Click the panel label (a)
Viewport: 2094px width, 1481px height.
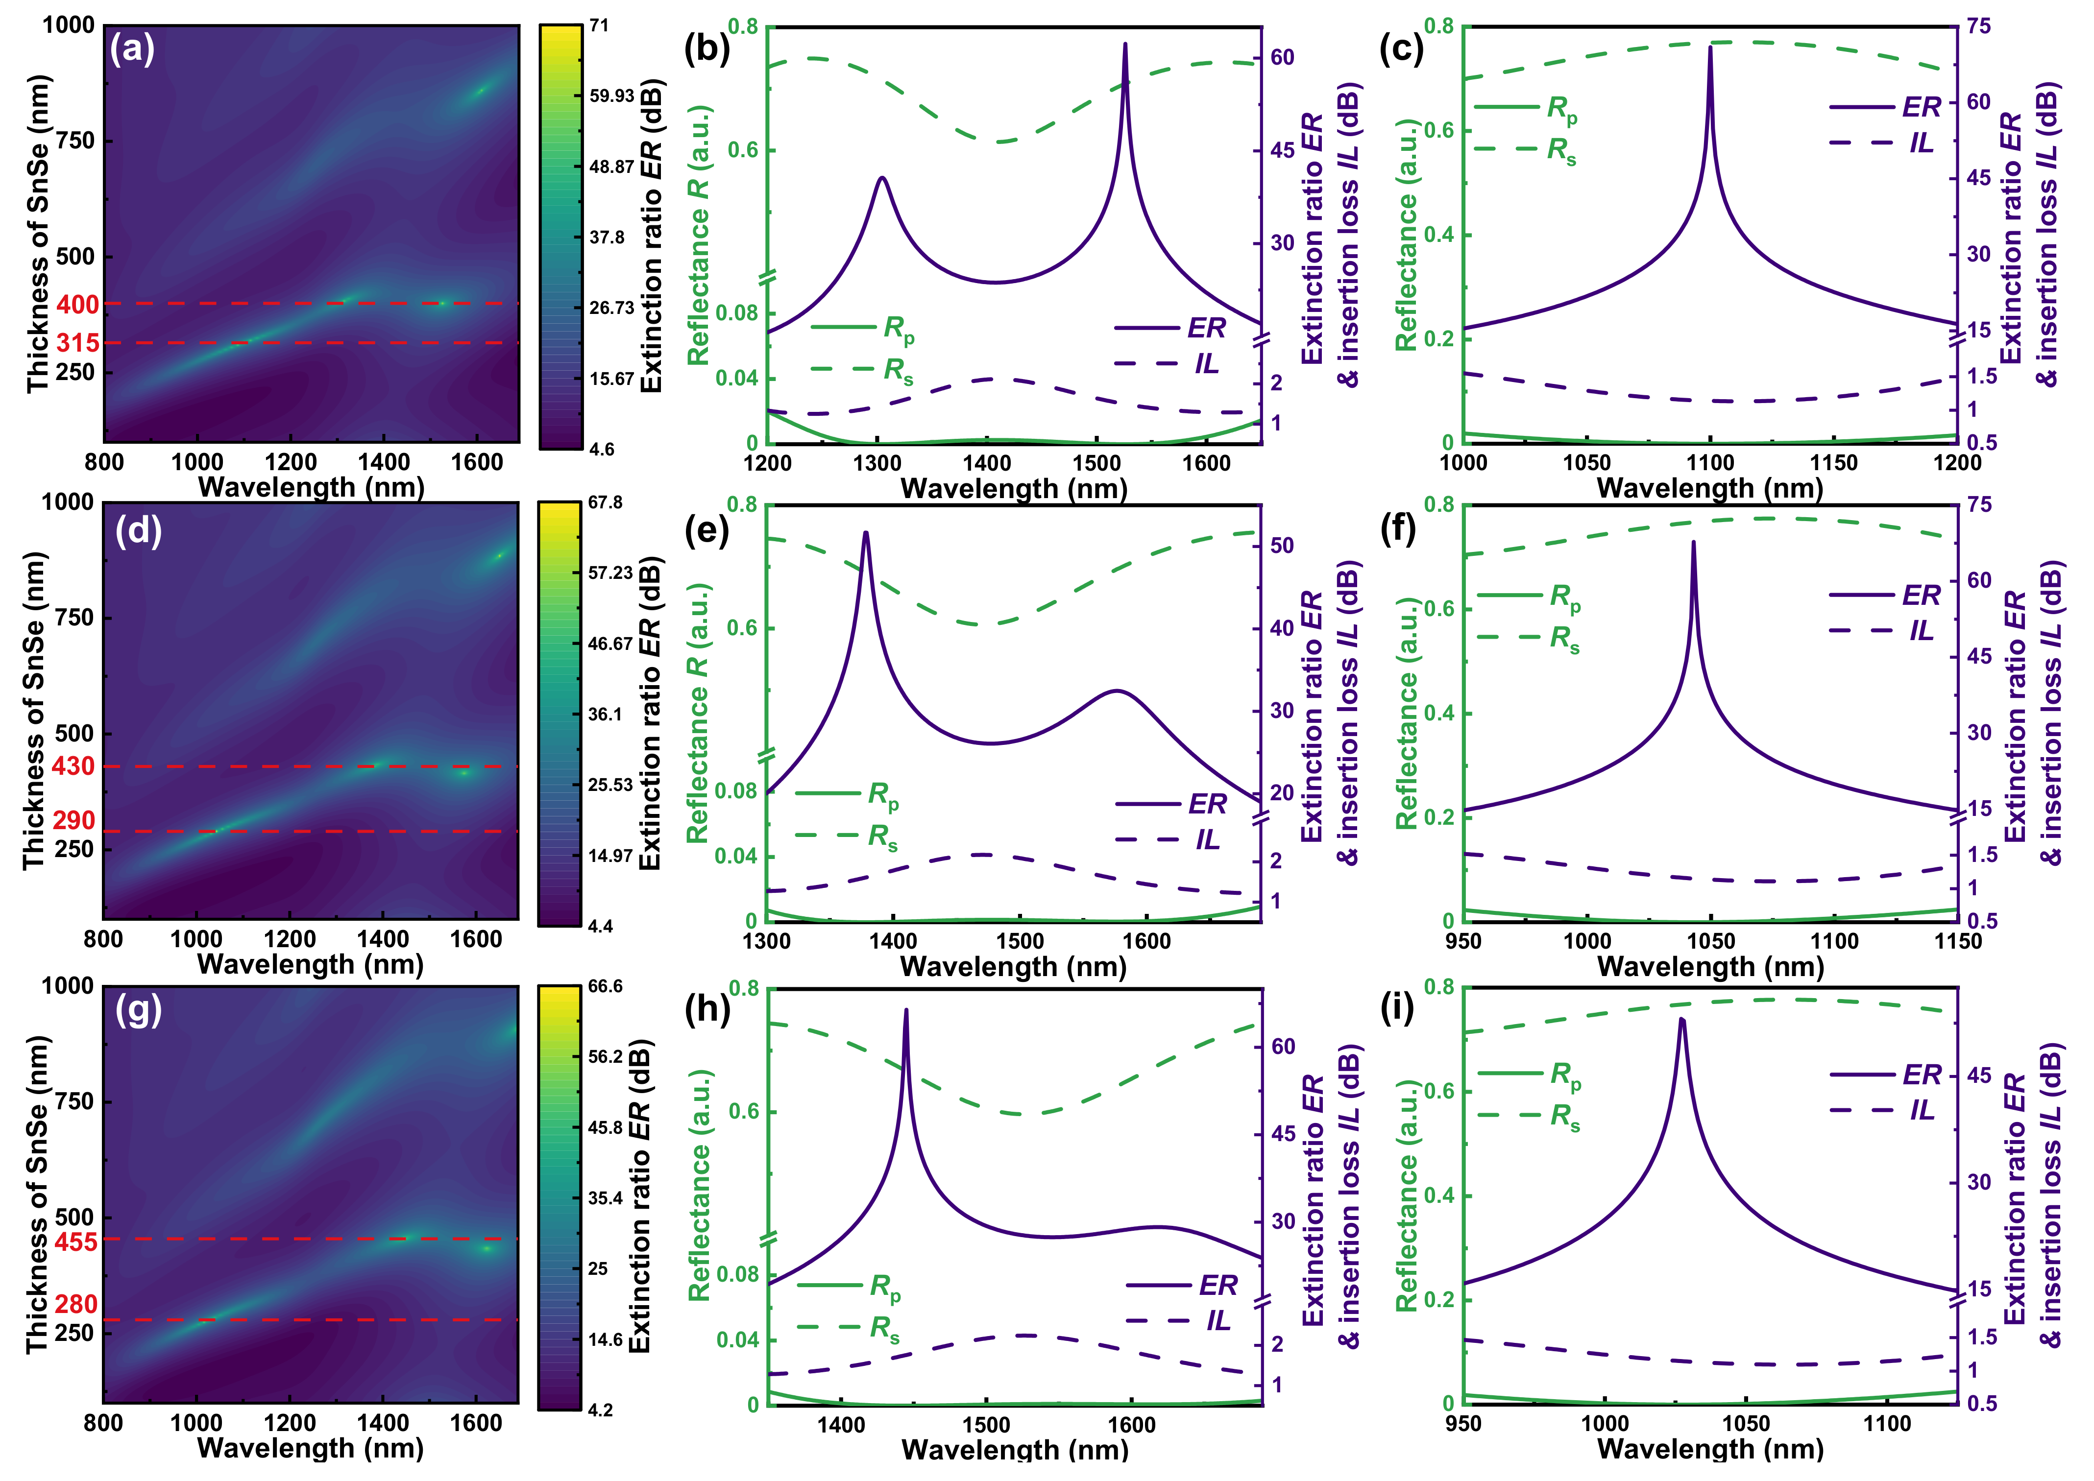pyautogui.click(x=132, y=48)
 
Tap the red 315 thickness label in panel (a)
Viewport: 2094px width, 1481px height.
pyautogui.click(x=77, y=344)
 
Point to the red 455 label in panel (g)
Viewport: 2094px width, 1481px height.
pyautogui.click(x=76, y=1242)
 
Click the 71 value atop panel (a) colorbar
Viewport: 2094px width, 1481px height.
pyautogui.click(x=599, y=25)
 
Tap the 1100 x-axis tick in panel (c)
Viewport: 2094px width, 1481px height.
pyautogui.click(x=1710, y=462)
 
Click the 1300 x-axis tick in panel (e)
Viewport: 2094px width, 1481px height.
pyautogui.click(x=767, y=941)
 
